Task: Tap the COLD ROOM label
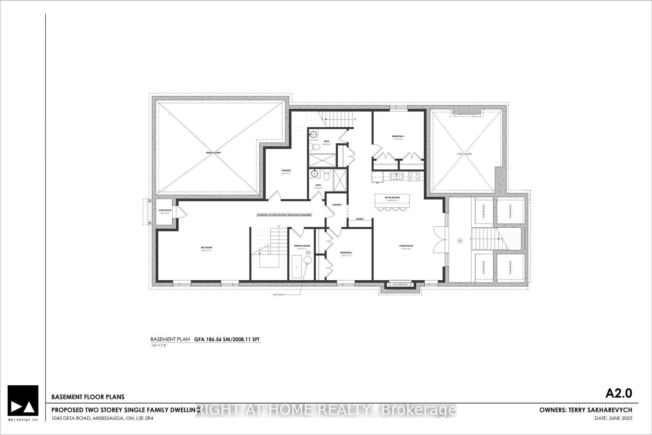coord(165,210)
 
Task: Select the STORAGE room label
coord(286,170)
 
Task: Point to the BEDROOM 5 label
coord(398,136)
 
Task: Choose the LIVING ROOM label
coord(406,246)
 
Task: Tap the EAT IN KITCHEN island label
coord(392,198)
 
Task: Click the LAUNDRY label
coord(337,205)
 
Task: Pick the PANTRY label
coord(360,219)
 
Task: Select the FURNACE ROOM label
coord(302,246)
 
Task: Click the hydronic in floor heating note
coord(284,215)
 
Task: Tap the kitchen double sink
coord(397,176)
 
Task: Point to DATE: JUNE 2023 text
coord(613,418)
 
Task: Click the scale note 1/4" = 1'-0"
coord(158,345)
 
